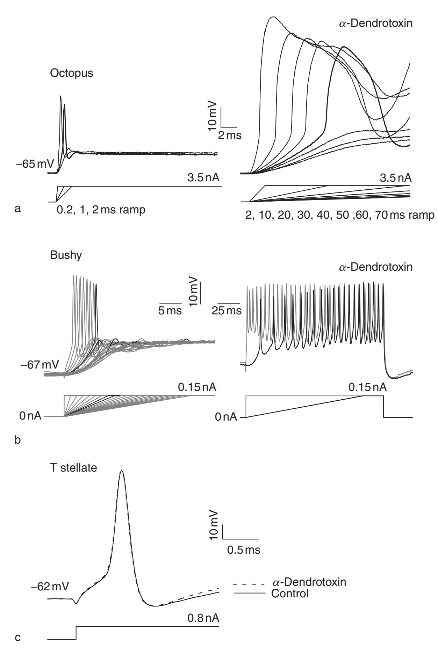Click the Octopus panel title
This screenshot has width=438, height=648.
(x=71, y=74)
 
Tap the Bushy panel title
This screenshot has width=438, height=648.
(x=66, y=255)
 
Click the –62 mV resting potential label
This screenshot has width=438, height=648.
(x=49, y=584)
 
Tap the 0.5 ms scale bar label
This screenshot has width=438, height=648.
(x=244, y=550)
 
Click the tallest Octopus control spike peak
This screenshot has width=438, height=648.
(x=61, y=96)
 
